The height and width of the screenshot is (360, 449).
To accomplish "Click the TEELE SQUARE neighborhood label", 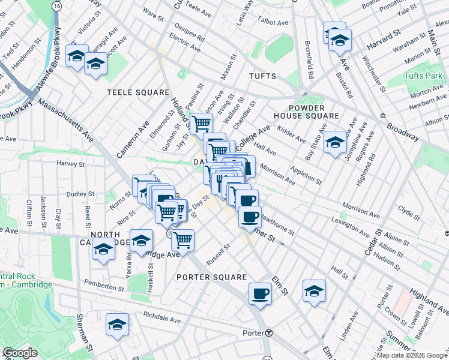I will click(x=138, y=92).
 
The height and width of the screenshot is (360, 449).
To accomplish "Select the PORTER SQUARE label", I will click(x=212, y=277).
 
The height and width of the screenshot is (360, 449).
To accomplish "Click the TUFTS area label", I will click(x=262, y=76).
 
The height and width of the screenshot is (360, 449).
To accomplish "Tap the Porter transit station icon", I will click(x=270, y=333).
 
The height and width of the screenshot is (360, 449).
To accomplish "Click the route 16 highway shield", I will click(x=56, y=5).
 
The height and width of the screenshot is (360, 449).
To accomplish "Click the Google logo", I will click(x=20, y=353).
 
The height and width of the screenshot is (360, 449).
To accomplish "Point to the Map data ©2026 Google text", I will click(x=411, y=356).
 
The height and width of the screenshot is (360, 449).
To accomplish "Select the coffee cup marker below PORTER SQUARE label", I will click(x=261, y=293).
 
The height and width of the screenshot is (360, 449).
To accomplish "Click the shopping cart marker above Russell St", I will click(x=182, y=240).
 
